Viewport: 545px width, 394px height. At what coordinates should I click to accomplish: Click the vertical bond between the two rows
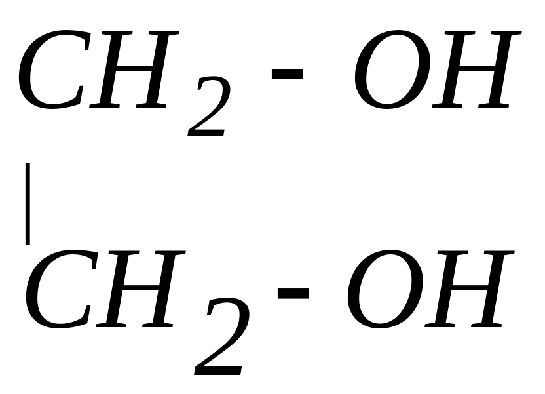[x=28, y=203]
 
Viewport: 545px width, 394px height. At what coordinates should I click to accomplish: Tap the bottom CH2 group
[x=131, y=298]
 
